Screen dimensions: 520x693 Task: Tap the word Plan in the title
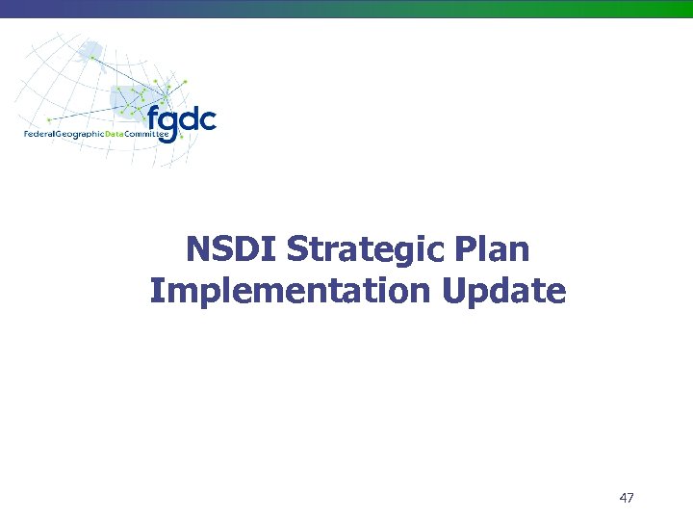[495, 249]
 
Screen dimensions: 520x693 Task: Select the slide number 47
[627, 498]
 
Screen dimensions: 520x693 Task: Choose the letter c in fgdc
[207, 122]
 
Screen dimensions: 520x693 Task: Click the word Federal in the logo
[39, 134]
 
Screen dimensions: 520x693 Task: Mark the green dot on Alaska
[92, 57]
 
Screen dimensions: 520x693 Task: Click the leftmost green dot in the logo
[48, 119]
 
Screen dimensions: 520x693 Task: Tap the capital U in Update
[456, 290]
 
